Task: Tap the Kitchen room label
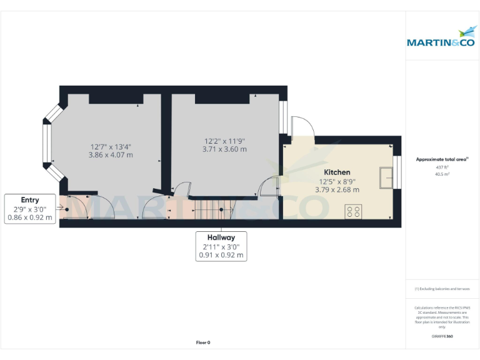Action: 337,172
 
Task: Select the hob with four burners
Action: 353,212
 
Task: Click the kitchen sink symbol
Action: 386,177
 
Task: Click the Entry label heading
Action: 29,200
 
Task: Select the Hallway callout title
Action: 221,237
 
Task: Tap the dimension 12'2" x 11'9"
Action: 224,141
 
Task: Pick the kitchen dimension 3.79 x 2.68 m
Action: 337,189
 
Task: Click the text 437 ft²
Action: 442,167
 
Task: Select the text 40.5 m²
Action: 442,174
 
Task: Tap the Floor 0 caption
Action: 203,342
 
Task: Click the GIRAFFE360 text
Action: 442,336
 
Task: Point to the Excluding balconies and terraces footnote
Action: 442,289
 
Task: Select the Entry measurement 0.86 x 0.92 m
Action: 29,217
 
